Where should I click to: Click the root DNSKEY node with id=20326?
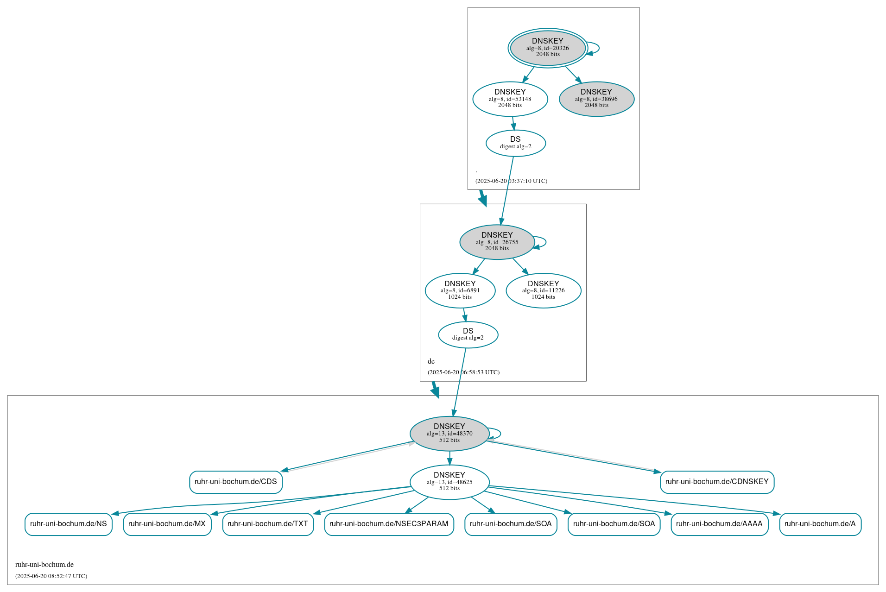(548, 48)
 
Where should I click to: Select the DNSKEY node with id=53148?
(510, 99)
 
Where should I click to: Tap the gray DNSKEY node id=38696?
(596, 99)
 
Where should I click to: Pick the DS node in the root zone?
(515, 143)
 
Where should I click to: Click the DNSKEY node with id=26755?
(497, 242)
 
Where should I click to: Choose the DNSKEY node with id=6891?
(460, 290)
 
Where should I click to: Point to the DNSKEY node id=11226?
(543, 290)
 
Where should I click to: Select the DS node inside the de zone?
(468, 334)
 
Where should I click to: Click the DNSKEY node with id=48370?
(449, 433)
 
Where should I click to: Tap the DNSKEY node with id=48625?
(449, 482)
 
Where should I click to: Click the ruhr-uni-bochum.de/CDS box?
(235, 482)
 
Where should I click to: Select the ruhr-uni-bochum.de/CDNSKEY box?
(716, 482)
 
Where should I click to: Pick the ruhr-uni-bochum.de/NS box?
(68, 524)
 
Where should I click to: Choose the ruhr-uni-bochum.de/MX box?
(167, 524)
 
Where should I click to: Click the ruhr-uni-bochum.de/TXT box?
(267, 524)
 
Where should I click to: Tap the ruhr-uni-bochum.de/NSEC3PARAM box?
(388, 524)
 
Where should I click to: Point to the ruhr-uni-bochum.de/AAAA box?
(719, 524)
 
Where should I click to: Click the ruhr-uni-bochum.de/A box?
(820, 524)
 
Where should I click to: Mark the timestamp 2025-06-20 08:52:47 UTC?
(51, 576)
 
